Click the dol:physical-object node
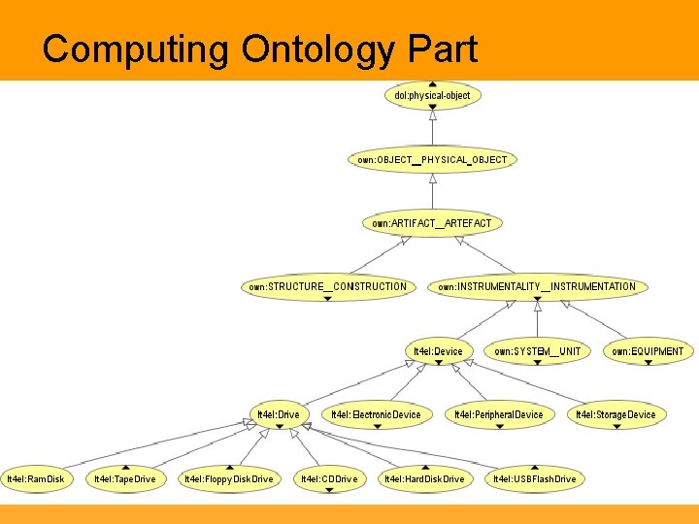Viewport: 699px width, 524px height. coord(432,95)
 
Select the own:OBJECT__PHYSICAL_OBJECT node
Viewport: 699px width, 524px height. coord(432,159)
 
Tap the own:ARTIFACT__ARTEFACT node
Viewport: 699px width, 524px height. coord(432,223)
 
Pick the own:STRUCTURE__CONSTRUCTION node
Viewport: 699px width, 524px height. coord(327,286)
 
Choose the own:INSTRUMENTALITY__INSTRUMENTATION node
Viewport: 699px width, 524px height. coord(537,286)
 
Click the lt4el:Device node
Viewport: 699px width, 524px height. coord(438,351)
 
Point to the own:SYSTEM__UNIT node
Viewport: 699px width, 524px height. coord(537,351)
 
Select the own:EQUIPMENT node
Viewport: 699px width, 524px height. coord(648,351)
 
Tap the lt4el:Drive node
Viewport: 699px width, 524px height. coord(278,414)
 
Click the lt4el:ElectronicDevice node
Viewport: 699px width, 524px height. coord(376,414)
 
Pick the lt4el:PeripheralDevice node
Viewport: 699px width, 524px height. coord(499,414)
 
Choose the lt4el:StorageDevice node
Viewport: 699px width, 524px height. coord(616,414)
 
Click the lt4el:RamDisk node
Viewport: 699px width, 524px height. coord(36,478)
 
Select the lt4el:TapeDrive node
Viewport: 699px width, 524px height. coord(124,478)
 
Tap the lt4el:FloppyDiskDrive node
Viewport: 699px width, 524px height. coord(229,478)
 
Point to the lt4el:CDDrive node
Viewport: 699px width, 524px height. coord(329,478)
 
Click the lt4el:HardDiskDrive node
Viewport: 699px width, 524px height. coord(424,478)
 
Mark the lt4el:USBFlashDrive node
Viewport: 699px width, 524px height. coord(534,478)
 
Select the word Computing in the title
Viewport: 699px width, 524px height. coord(135,49)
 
